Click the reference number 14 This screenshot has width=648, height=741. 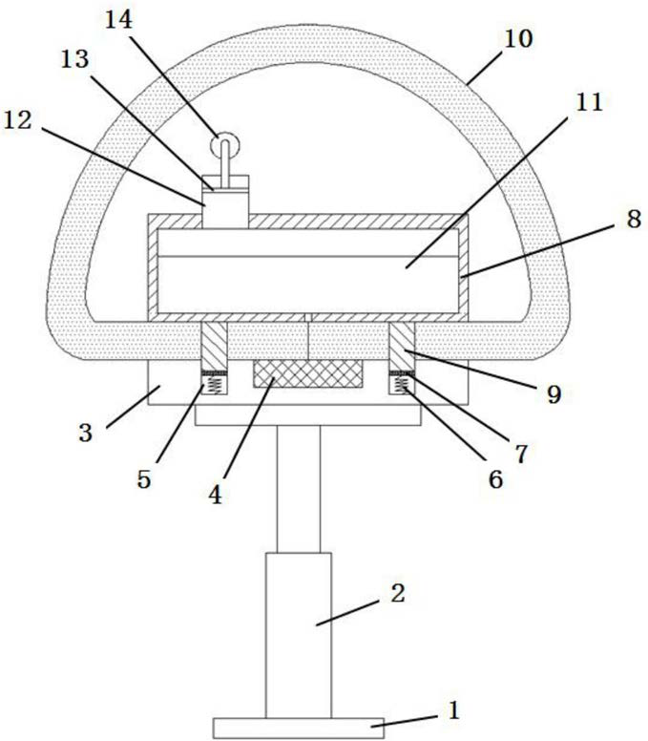coord(118,20)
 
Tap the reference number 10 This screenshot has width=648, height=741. coord(518,39)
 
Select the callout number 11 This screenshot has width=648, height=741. coord(589,101)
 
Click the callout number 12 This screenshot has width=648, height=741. coord(17,120)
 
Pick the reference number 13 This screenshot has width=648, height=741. coord(74,59)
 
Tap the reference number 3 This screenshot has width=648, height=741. coord(86,433)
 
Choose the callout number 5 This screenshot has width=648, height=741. coord(144,479)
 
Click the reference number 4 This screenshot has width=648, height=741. coord(215,495)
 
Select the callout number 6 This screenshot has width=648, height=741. coord(495,479)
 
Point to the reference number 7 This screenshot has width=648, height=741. coord(521,454)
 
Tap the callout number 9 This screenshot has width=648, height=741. coord(554,393)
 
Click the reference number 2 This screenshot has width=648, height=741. coord(398,593)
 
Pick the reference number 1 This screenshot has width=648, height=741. coord(453,710)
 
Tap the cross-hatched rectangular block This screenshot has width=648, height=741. coord(308,373)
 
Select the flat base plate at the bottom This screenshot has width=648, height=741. coord(299,729)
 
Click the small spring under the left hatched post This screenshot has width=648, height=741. coord(215,384)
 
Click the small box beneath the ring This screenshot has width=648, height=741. coord(225,201)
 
